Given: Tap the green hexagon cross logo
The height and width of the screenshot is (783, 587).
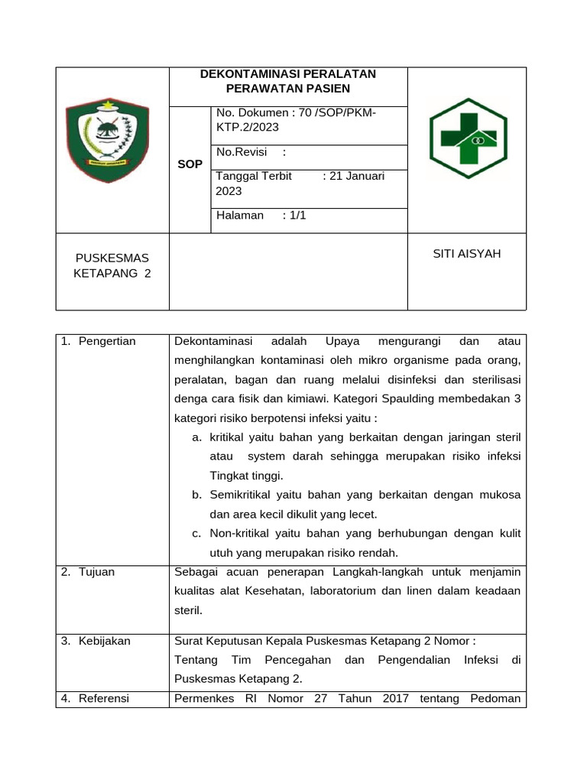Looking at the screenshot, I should [467, 139].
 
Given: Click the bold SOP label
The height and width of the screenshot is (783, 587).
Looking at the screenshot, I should [190, 164].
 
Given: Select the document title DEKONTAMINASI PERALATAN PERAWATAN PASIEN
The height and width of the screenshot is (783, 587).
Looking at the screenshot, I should [287, 81].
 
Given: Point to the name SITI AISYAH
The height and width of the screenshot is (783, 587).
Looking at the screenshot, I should [466, 253].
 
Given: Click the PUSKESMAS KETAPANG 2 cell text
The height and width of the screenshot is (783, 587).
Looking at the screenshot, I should [112, 266].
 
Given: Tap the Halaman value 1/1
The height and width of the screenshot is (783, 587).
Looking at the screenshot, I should [294, 215].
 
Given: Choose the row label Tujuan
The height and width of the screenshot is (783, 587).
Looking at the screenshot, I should [96, 572].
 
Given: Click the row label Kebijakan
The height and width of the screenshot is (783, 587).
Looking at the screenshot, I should [105, 641].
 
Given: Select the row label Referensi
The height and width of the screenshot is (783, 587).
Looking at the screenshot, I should [104, 698].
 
